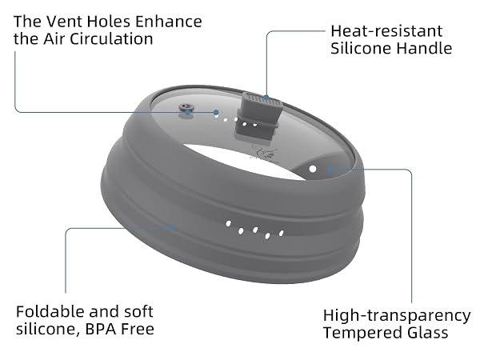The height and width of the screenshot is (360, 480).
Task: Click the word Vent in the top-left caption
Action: point(66,22)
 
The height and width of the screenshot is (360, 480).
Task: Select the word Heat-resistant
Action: point(386,31)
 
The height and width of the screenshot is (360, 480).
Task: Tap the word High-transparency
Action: point(397,316)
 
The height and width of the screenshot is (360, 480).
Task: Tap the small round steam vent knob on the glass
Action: point(186,108)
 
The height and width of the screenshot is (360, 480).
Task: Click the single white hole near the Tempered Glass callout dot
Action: point(313,169)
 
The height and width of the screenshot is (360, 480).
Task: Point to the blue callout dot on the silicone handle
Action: point(266,98)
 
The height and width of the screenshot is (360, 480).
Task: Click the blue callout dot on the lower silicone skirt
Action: point(171,228)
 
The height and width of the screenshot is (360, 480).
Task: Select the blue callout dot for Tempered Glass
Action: point(330,170)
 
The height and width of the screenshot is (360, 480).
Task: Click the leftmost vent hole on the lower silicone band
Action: point(228,223)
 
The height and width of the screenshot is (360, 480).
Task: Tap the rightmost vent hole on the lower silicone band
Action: point(281,234)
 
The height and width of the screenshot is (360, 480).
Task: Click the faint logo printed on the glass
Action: point(263,152)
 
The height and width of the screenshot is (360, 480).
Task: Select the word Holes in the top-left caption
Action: point(109,22)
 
